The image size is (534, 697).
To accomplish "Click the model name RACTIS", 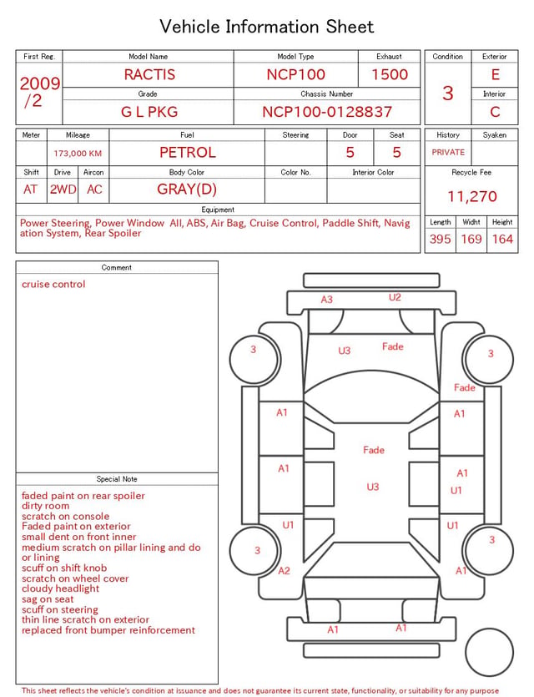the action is click(149, 74).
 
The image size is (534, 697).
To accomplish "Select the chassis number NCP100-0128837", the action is click(327, 112).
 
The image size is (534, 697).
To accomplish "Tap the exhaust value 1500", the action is click(390, 74).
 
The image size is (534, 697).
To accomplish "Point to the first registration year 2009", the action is click(40, 83).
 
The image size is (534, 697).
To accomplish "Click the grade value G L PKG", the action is click(149, 112).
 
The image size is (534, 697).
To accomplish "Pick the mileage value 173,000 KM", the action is click(78, 154).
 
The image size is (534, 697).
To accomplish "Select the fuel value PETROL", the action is click(188, 153).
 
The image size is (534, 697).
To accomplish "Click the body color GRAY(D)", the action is click(187, 189).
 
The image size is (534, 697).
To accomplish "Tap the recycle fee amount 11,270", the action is click(471, 196).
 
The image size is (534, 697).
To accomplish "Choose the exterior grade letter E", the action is click(496, 74).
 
